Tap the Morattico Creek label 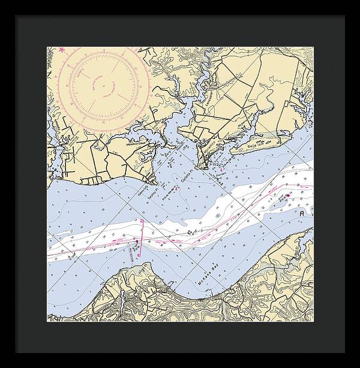pos(136,144)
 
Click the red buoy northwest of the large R pos(287,194)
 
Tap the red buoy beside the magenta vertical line pos(137,243)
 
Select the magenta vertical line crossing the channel pos(142,240)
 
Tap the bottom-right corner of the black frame pos(359,367)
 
